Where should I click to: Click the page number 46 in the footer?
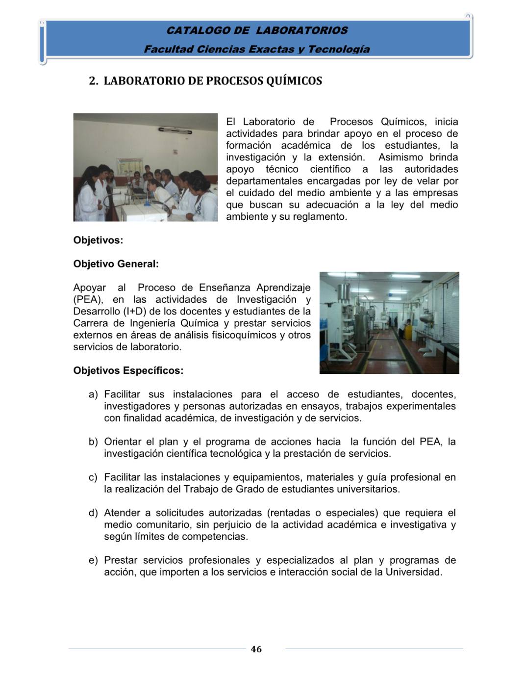point(256,649)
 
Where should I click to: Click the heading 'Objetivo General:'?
point(116,264)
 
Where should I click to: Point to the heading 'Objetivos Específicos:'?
point(128,370)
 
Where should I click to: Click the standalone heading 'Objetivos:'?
point(98,240)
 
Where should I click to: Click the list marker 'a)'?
point(93,394)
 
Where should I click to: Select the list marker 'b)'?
point(93,442)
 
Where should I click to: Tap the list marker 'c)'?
point(93,477)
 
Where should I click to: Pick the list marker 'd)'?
point(93,513)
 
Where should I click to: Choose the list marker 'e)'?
point(93,560)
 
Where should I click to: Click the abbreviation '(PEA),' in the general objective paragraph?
point(88,300)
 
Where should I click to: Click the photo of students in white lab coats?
point(146,167)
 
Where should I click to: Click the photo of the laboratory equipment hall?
point(389,323)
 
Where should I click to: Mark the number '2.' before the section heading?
point(94,81)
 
